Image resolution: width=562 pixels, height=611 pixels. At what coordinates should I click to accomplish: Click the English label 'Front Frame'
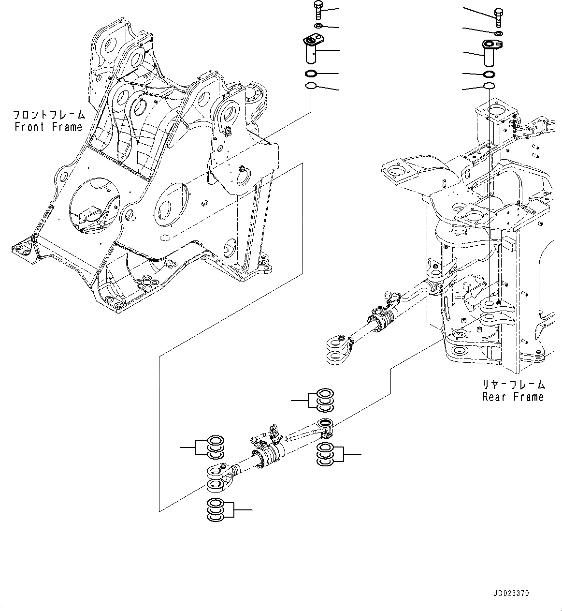(x=48, y=127)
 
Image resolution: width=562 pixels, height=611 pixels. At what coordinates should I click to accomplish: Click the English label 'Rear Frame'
(x=513, y=397)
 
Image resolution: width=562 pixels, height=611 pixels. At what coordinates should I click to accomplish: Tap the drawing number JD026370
(x=511, y=593)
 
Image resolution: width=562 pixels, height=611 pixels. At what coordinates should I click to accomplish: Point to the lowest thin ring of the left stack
(x=311, y=87)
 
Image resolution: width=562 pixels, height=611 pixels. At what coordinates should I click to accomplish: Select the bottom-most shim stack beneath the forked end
(x=215, y=510)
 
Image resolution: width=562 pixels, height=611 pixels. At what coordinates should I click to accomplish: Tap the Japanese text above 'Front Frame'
(x=48, y=115)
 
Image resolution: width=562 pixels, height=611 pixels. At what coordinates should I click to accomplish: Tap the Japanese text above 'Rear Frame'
(x=513, y=385)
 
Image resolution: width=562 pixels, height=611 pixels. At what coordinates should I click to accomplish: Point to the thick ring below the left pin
(x=311, y=74)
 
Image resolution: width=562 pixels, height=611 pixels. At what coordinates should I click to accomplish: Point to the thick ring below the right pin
(x=490, y=74)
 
